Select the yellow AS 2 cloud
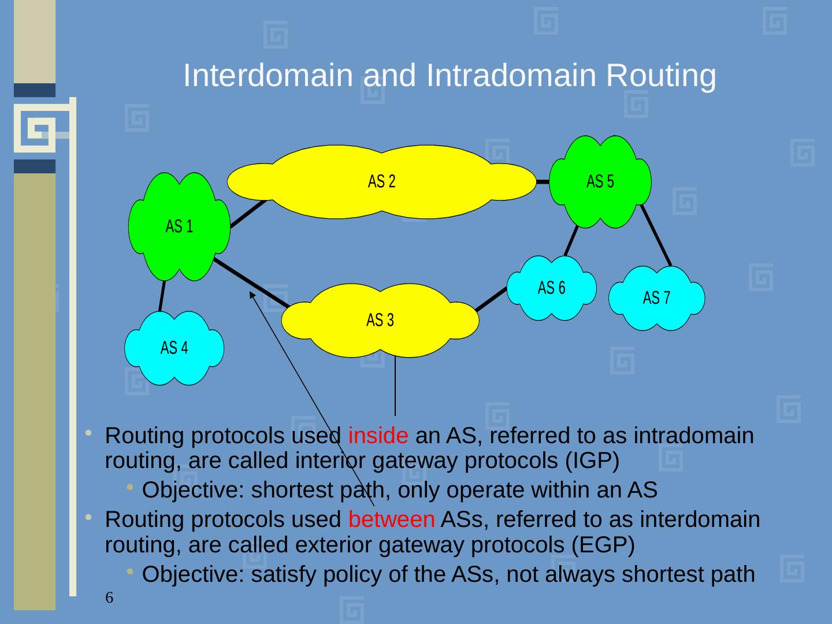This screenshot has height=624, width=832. click(x=381, y=181)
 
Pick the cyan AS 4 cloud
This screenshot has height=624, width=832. click(x=174, y=348)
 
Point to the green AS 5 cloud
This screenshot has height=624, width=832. click(x=600, y=181)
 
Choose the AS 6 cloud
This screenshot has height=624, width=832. click(x=551, y=288)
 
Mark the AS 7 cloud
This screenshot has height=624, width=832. click(x=657, y=298)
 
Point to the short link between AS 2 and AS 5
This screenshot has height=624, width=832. click(x=543, y=181)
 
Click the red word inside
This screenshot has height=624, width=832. click(x=378, y=435)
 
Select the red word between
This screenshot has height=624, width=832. click(x=391, y=519)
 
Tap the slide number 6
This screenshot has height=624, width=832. click(x=109, y=597)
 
